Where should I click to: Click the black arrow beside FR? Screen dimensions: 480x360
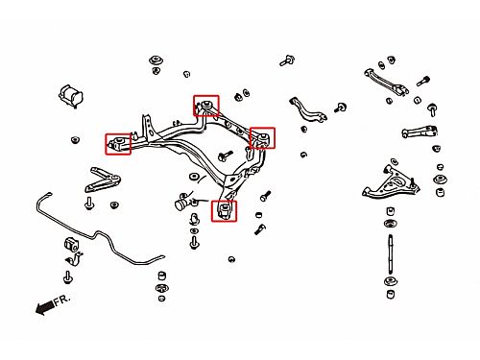44,307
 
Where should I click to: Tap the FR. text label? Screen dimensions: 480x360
61,300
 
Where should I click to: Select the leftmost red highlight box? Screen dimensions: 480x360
118,144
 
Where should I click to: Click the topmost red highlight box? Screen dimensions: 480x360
206,106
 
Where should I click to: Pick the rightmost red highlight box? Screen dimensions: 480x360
262,138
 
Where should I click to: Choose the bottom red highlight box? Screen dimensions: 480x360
224,211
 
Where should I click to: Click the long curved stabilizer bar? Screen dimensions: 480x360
96,233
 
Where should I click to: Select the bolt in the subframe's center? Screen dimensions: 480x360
225,156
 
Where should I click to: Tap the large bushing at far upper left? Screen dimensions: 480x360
71,95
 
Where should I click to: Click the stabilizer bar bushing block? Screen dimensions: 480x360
71,245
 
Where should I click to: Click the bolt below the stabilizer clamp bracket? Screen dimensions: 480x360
67,277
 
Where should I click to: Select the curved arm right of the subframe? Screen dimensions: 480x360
308,110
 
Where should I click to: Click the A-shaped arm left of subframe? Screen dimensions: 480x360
102,180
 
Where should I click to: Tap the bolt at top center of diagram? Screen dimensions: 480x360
287,60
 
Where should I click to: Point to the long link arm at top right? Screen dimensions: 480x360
386,82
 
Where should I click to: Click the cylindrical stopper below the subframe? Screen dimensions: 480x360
181,204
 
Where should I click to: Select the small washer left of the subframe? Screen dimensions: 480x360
75,140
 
